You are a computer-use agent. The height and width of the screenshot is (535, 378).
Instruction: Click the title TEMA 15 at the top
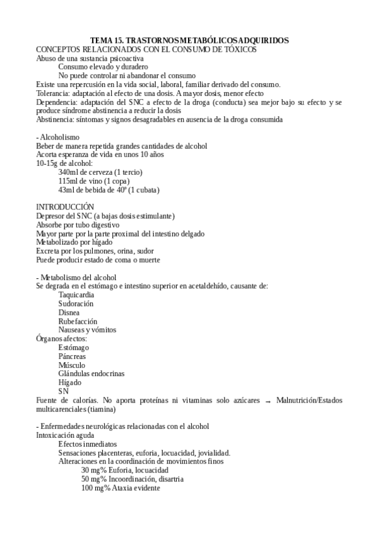coord(189,40)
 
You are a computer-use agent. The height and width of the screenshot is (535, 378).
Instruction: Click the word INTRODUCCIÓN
coord(65,207)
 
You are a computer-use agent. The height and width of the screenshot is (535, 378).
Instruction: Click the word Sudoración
coord(76,303)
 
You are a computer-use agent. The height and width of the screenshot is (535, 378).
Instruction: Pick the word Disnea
coord(69,312)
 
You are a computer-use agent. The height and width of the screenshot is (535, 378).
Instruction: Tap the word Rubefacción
coord(78,321)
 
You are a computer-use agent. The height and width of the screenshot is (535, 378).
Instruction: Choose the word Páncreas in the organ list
coord(72,356)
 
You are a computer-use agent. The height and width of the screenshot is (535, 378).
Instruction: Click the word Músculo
coord(72,365)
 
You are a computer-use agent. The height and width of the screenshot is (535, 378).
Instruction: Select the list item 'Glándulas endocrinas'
coord(91,373)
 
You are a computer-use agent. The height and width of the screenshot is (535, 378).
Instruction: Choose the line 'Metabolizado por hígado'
coord(74,242)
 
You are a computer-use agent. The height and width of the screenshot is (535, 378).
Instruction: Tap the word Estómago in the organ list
coord(74,348)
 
